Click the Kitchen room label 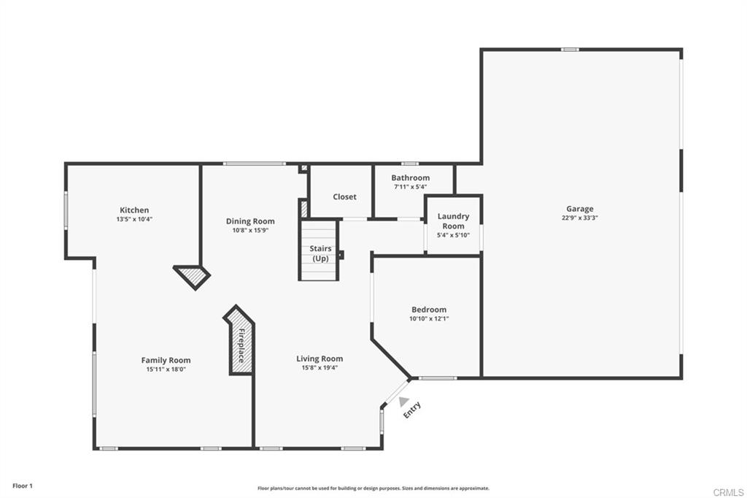coord(134,210)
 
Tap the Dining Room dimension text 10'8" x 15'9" coord(250,231)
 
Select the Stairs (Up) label coord(320,253)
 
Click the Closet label coord(344,197)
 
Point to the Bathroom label coord(410,177)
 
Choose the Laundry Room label coord(453,221)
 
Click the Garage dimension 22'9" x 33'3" coord(580,218)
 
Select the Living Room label coord(320,359)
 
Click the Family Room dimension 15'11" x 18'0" coord(166,369)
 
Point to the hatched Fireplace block coord(241,342)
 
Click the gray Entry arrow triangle coord(403,401)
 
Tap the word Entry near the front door coord(412,410)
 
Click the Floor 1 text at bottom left coord(23,486)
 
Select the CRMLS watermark coord(728,492)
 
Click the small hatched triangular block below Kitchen coord(193,275)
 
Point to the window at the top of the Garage coord(570,50)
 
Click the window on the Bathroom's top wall coord(410,164)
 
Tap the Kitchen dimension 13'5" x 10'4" coord(134,219)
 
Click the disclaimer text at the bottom coord(373,489)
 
